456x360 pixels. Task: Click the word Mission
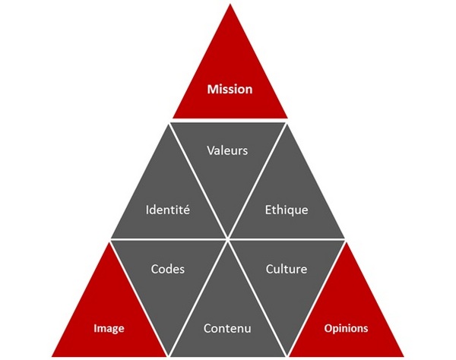click(230, 89)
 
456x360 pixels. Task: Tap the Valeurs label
click(227, 150)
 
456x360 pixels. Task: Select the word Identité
click(168, 210)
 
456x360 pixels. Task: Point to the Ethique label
click(287, 210)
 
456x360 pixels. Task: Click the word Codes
click(168, 269)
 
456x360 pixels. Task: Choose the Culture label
click(287, 269)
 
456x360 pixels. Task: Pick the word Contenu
click(227, 328)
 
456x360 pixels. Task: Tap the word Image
click(109, 329)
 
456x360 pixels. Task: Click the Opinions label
click(346, 329)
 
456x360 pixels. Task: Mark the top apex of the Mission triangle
click(230, 4)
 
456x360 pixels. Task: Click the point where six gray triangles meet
click(228, 239)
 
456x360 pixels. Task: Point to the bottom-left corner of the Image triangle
click(52, 356)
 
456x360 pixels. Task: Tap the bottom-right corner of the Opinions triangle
click(404, 356)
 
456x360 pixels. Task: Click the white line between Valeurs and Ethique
click(258, 181)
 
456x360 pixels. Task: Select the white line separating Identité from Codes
click(169, 239)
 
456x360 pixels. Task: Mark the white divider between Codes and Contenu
click(198, 298)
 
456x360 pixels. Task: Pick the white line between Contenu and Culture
click(258, 298)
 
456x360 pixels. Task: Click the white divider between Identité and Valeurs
click(198, 181)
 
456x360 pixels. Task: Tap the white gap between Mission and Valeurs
click(230, 121)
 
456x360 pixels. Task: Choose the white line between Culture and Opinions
click(316, 298)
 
